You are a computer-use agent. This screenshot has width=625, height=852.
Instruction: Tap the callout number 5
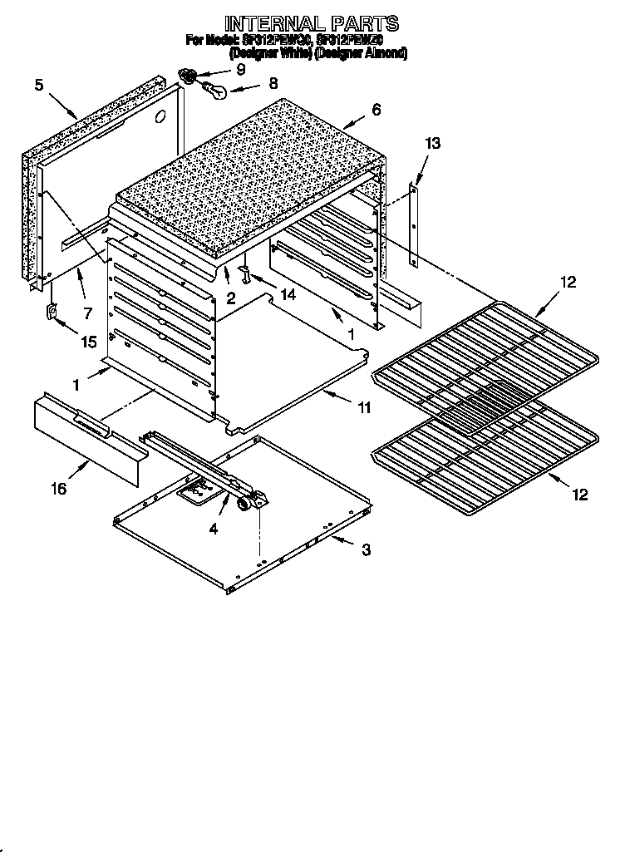coord(39,84)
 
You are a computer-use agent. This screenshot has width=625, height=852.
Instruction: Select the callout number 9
coord(240,69)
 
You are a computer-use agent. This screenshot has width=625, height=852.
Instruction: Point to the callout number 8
coord(273,83)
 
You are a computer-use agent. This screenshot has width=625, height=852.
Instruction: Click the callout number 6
coord(376,109)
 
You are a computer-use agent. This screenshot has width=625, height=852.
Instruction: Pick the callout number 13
coord(432,144)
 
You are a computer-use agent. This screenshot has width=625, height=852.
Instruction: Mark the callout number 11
coord(364,408)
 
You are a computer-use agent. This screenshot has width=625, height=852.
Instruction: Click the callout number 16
coord(58,489)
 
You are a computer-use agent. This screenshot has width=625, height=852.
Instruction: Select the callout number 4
coord(214,529)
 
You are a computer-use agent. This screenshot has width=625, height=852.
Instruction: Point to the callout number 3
coord(366,549)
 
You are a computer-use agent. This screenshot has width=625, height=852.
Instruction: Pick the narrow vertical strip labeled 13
coord(413,224)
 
